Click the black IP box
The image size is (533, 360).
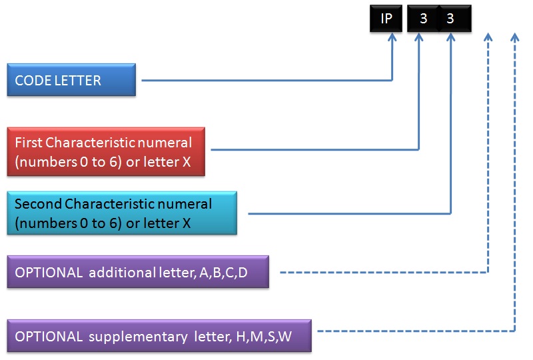point(386,19)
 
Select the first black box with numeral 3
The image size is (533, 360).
point(423,19)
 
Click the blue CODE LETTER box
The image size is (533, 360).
point(71,80)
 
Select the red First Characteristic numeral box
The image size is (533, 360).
point(106,151)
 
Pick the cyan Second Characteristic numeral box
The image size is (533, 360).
point(122,213)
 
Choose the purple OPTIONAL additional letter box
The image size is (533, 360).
point(138,272)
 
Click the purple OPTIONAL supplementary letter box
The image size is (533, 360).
point(159,335)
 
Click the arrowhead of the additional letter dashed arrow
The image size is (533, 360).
point(488,38)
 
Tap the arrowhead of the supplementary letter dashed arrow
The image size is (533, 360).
point(514,38)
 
